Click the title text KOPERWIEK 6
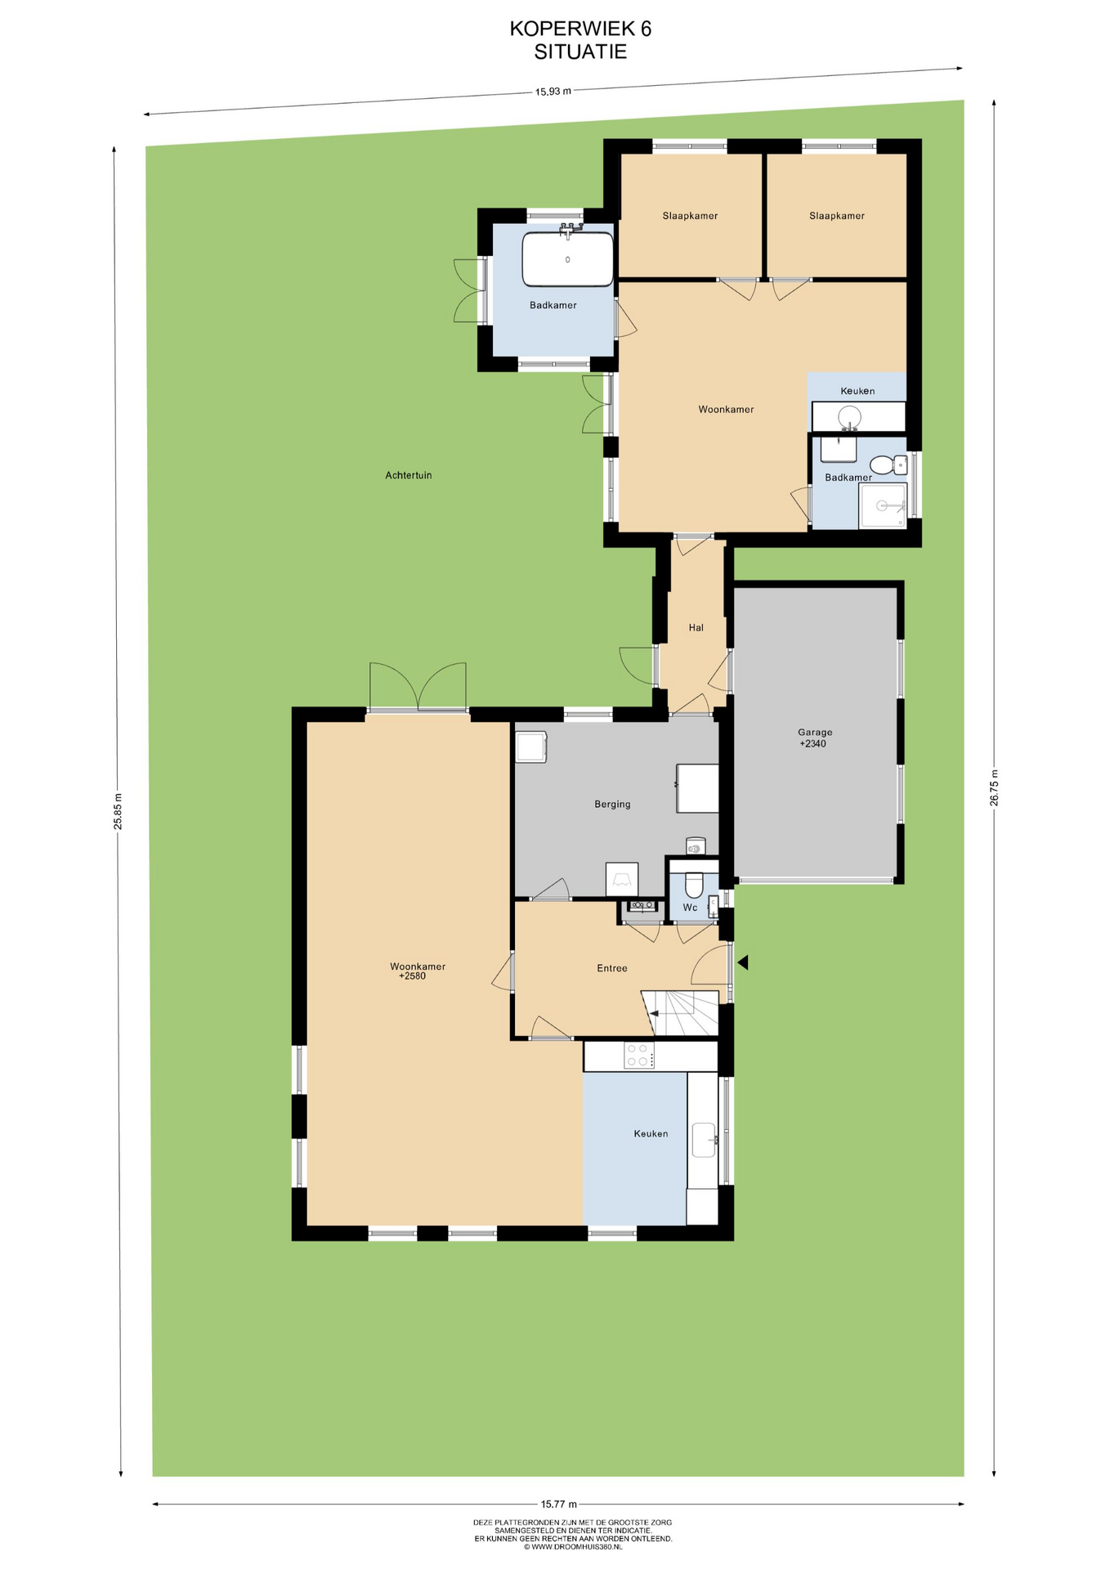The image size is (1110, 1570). pos(580,29)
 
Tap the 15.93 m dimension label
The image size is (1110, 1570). pos(553,92)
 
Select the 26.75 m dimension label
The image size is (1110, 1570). pos(994,787)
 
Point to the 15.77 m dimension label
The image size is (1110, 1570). pos(559,1504)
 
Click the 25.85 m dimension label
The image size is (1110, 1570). pos(118,811)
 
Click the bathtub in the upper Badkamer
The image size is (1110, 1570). pos(568,258)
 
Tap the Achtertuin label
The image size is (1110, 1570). pos(409,475)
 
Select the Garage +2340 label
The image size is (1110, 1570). pos(815,738)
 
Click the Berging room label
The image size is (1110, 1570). pos(612,804)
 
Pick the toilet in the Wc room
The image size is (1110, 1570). pos(693,884)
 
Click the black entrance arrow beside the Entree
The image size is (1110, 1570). pos(743,962)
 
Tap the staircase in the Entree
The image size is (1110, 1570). pos(680,1012)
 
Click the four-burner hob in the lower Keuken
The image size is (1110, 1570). pos(639,1056)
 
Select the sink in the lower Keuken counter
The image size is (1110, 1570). pos(704,1140)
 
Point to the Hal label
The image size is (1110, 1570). pos(696,627)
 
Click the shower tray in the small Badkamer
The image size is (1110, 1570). pos(883,505)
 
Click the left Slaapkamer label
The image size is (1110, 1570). pos(690,216)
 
